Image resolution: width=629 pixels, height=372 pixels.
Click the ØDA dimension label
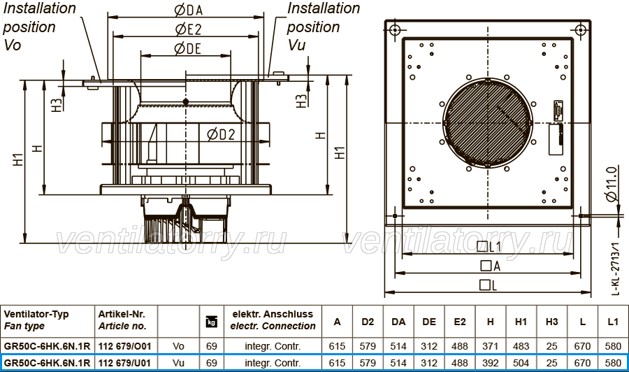click(x=189, y=10)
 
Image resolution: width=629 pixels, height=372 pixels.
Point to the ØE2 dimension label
click(x=188, y=29)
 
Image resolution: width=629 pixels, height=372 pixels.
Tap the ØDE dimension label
click(x=187, y=48)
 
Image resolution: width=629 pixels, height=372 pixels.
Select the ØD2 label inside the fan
click(x=221, y=134)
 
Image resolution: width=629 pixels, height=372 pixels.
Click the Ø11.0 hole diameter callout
click(x=611, y=185)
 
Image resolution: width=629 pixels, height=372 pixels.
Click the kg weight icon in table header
click(x=211, y=322)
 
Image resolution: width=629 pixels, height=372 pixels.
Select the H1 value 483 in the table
click(x=521, y=346)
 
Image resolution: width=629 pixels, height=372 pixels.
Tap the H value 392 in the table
click(x=490, y=363)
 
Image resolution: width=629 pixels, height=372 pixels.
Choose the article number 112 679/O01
click(x=125, y=346)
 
